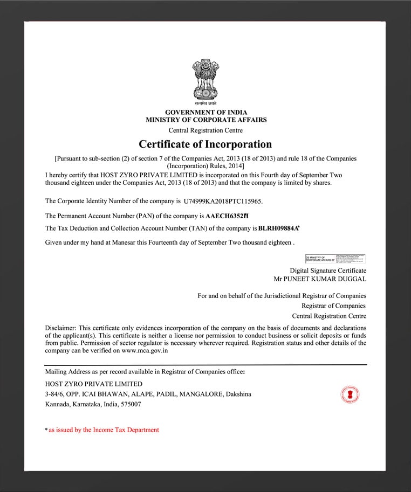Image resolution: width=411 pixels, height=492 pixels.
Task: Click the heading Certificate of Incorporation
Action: coord(205,144)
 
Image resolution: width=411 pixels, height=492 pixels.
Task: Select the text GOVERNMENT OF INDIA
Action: coord(206,112)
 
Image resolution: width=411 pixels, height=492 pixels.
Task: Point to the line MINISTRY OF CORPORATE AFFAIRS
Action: coord(206,120)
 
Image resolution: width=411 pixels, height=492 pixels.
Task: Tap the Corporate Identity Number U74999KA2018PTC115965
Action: coord(222,202)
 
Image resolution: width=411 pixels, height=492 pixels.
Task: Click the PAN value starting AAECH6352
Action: coord(227,216)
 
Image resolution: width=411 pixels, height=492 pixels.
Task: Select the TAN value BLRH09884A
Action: coord(279,229)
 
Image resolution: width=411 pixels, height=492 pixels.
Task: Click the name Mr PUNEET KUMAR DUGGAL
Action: coord(320,279)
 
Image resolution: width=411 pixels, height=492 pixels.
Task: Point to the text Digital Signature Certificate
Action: coord(328,271)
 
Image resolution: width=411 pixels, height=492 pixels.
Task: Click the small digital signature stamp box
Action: coord(335,259)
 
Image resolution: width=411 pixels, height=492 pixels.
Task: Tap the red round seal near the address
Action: coord(350,395)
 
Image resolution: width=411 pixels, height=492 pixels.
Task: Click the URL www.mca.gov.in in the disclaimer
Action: coord(145,350)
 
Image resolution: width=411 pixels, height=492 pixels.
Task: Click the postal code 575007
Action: coord(130,404)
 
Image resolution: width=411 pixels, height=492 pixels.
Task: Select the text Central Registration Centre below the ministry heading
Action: coord(206,130)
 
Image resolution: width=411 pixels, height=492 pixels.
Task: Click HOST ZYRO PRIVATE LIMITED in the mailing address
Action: coord(94,384)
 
